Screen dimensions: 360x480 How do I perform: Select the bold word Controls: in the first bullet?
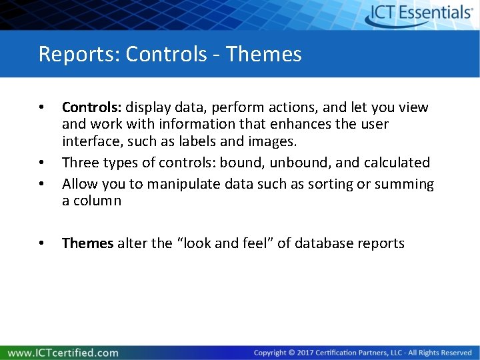tap(92, 107)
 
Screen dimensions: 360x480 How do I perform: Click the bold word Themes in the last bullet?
tap(87, 243)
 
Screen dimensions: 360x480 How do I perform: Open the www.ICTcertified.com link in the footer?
tap(63, 353)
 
